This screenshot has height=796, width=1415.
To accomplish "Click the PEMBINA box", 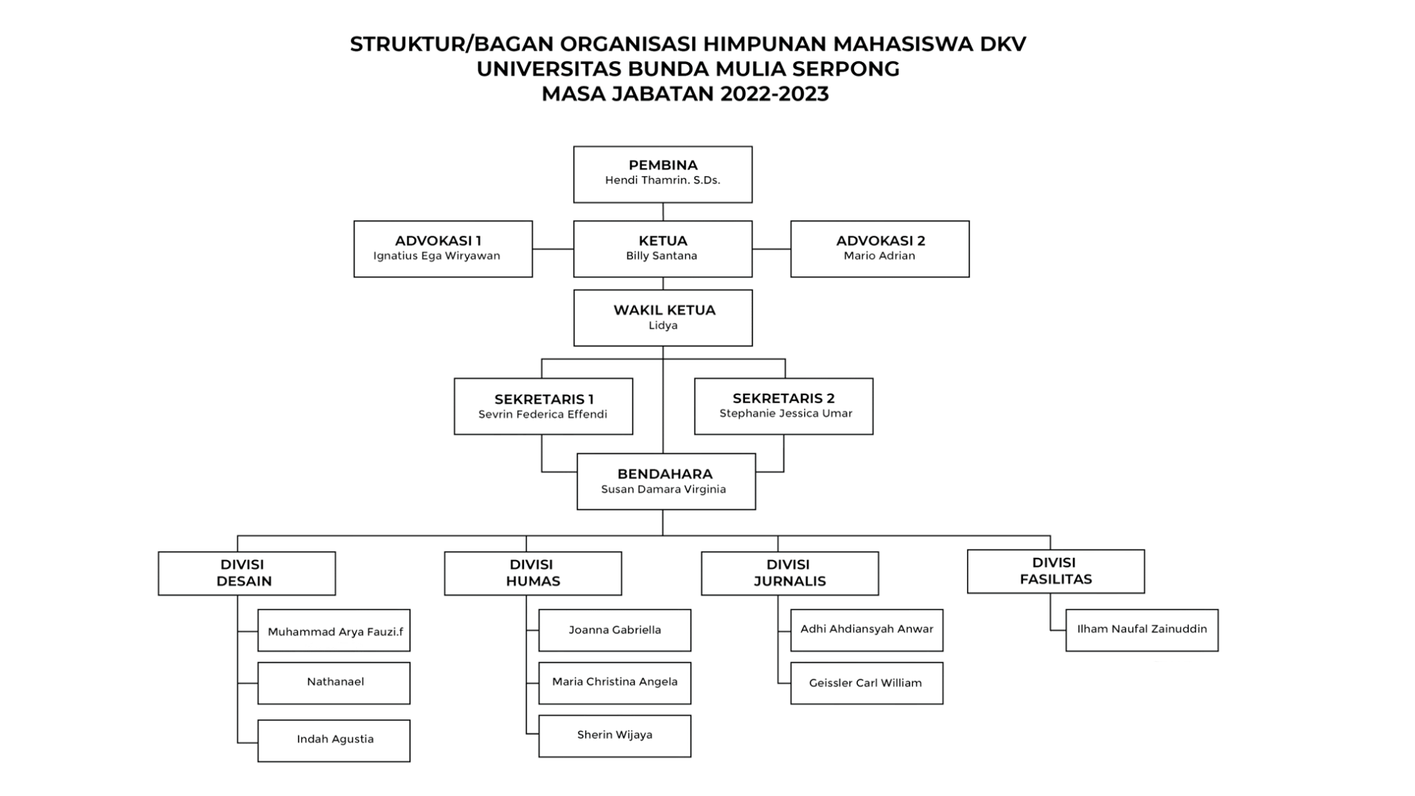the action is pos(663,174).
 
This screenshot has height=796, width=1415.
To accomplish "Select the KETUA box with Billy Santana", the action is pos(663,249).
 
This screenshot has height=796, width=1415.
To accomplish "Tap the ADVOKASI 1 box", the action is pos(443,249).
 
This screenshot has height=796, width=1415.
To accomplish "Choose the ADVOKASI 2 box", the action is pos(880,249).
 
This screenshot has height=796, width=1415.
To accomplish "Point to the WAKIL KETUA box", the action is pos(663,318).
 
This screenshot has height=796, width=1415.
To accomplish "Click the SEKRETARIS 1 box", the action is pos(543,406).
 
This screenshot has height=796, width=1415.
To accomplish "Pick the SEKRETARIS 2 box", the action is pos(783,406).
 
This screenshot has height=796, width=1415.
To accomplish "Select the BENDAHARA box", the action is pos(666,481).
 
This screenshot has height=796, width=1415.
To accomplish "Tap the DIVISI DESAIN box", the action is pos(247,573).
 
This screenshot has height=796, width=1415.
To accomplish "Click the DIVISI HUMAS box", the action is pos(533,573).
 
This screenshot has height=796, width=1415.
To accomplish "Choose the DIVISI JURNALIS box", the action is pos(790,573).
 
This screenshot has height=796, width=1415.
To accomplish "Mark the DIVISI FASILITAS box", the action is pos(1056,571).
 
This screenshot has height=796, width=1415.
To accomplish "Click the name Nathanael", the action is pos(335,682).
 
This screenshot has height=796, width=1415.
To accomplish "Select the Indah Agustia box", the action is pos(334,741).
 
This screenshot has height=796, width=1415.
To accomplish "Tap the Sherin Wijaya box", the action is pos(615,736).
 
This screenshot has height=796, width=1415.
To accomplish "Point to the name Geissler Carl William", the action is pos(865,683).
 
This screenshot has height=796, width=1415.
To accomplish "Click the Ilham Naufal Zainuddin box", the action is pos(1142,630).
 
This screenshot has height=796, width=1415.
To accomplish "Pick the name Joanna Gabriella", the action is pos(615,630).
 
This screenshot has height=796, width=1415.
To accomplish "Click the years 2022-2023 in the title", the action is pos(775,94).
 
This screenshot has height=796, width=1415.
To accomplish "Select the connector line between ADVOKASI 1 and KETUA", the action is pos(553,249).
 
